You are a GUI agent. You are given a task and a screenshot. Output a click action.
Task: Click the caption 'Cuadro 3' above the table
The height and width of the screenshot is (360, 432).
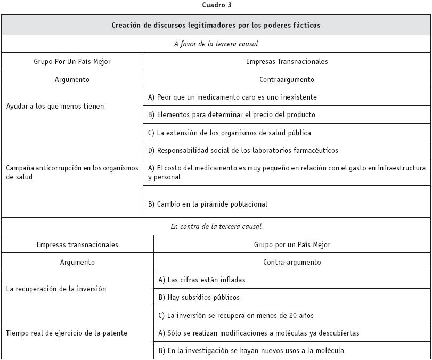point(217,5)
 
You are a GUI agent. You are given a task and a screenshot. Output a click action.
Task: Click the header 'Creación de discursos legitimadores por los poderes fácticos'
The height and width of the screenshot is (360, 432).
point(216,25)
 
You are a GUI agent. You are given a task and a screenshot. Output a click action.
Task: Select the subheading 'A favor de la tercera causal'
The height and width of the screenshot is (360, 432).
point(216,44)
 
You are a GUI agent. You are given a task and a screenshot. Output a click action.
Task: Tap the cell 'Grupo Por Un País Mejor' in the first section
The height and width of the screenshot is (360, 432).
point(72,61)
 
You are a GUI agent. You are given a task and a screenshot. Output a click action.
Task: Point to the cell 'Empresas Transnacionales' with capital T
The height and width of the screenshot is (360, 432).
point(287,61)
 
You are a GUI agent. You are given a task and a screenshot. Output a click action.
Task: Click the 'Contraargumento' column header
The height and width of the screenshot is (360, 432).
point(287,79)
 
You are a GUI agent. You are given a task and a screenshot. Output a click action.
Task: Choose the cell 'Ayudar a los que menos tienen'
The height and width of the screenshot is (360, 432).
point(55,106)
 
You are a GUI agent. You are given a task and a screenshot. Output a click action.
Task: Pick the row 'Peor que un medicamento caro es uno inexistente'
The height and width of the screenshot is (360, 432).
point(232,97)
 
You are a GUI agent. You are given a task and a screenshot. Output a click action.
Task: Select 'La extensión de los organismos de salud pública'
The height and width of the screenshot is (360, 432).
point(230,133)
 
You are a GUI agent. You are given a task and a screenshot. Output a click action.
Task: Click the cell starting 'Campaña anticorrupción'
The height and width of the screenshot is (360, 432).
point(72,172)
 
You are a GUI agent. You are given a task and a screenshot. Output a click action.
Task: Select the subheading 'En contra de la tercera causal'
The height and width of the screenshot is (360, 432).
point(216,226)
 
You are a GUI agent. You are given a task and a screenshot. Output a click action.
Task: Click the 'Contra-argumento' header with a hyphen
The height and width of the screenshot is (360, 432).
point(292,262)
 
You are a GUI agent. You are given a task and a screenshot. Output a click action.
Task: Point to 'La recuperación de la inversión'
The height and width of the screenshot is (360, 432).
point(56,289)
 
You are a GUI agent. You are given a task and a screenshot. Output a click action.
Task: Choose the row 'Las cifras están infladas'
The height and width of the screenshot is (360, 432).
point(201,280)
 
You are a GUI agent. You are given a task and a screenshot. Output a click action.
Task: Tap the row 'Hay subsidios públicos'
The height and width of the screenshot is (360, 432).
point(199,297)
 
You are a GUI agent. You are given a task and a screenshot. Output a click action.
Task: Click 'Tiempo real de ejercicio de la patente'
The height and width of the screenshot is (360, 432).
point(67,333)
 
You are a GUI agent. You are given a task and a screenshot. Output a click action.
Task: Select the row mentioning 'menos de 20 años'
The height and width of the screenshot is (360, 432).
point(230,315)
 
